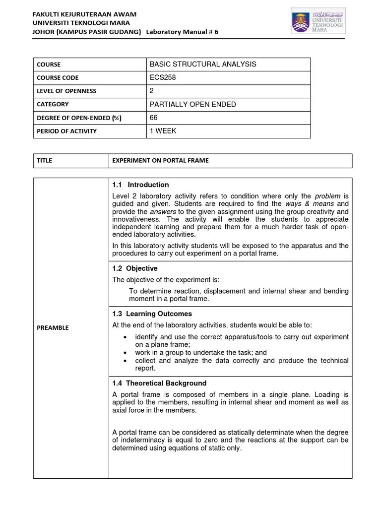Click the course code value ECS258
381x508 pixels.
tap(162, 77)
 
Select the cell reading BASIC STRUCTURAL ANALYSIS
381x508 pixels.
tap(202, 64)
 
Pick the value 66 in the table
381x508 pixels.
tap(153, 118)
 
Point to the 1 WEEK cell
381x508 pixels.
tap(163, 131)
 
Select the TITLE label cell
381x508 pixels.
tap(44, 160)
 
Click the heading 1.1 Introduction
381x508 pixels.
tap(140, 185)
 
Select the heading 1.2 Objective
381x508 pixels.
tap(135, 268)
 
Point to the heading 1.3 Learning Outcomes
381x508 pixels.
tap(152, 314)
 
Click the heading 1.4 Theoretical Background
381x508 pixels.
tap(159, 383)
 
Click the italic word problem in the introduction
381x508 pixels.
tap(328, 196)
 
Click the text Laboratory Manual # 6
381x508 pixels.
tap(182, 32)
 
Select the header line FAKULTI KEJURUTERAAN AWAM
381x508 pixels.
tap(85, 14)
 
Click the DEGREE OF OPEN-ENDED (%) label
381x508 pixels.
tap(78, 118)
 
